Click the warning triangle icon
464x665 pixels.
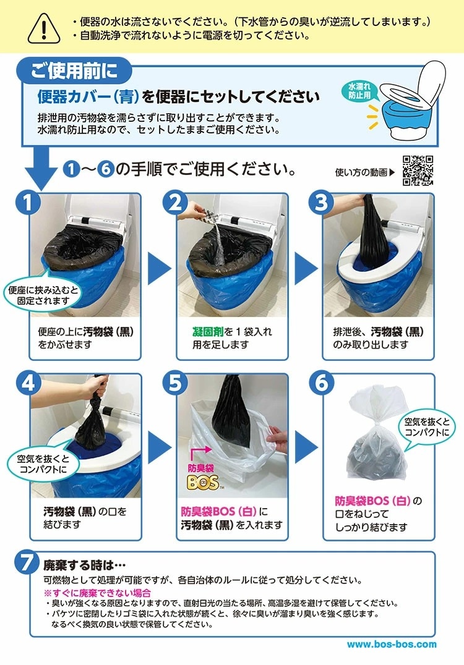[x=44, y=28]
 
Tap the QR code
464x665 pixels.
[x=418, y=171]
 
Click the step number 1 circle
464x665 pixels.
[x=28, y=202]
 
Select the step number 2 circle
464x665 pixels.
[x=175, y=202]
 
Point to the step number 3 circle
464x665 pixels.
[x=321, y=202]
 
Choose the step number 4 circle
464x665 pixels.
[x=28, y=383]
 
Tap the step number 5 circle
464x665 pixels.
[x=175, y=383]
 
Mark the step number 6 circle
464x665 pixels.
[x=321, y=383]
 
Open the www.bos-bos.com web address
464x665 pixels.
[x=392, y=645]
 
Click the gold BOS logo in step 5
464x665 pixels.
[x=204, y=482]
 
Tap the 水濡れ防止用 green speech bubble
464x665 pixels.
[x=359, y=91]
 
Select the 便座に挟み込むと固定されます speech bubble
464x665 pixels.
[x=43, y=295]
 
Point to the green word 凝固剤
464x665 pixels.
[x=208, y=332]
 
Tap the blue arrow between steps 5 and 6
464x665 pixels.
[x=306, y=447]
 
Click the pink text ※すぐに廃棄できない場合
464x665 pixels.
[x=97, y=593]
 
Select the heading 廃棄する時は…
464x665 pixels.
[x=85, y=565]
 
